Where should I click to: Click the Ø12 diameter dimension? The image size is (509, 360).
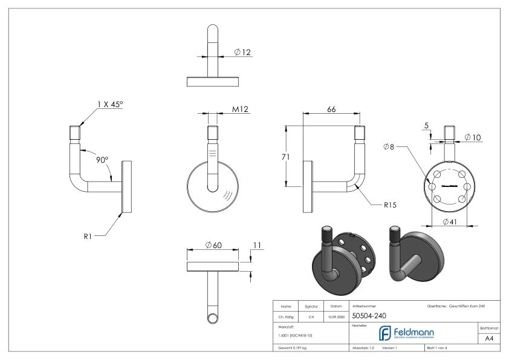click(242, 52)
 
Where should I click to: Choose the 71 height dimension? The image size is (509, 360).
click(291, 157)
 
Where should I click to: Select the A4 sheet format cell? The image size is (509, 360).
click(491, 339)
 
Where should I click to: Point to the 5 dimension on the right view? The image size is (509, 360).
click(427, 126)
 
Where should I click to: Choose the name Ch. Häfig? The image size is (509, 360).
click(285, 316)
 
